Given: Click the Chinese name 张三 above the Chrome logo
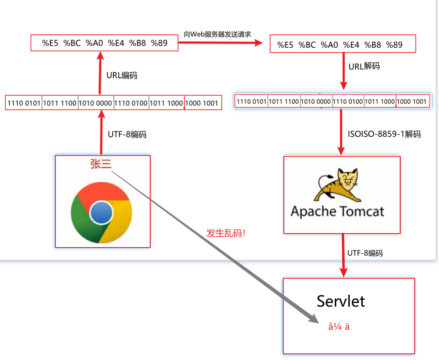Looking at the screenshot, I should point(101,163).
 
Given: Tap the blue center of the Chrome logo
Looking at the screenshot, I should point(101,212).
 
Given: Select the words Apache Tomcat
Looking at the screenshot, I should point(338,211).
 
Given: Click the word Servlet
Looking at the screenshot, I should point(341,301).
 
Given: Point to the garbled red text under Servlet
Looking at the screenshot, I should point(339,327).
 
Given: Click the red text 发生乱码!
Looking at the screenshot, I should point(226,234).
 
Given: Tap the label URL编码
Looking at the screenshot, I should point(122,75).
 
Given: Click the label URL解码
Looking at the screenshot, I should point(364,66).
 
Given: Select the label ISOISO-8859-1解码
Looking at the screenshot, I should point(384,134).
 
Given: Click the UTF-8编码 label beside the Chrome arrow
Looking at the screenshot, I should point(127,134).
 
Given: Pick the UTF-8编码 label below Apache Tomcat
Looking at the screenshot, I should point(365,253).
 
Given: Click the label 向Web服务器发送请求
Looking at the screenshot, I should point(218,34).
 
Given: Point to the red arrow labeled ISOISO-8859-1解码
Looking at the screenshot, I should point(340,131).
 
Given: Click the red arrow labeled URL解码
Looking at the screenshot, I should point(343,71).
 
